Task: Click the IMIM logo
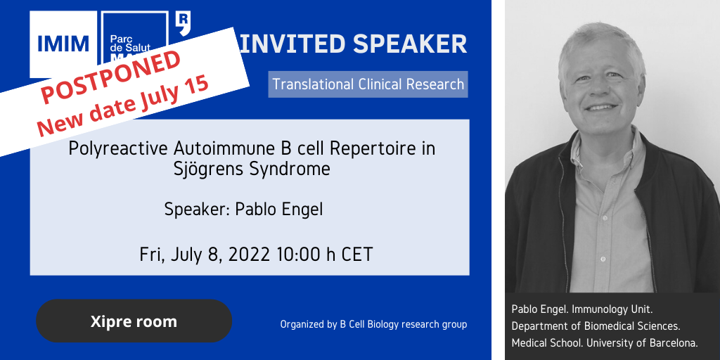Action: (63, 44)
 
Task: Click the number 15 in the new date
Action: (196, 87)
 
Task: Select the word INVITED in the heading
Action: (292, 44)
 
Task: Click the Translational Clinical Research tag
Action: (368, 84)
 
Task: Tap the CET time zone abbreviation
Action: (356, 255)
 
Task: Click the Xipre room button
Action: (134, 321)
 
